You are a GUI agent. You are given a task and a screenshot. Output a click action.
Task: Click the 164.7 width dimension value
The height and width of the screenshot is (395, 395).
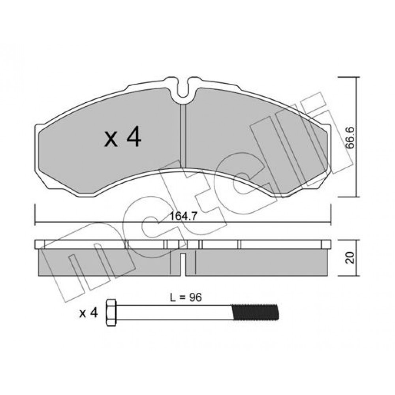[x=183, y=216]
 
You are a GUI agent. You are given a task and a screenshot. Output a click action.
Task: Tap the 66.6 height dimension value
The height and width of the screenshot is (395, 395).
[x=350, y=139]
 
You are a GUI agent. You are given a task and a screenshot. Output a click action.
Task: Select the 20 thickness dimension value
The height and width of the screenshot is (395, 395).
[x=350, y=258]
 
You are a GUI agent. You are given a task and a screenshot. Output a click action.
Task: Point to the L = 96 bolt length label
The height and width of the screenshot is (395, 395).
[x=186, y=297]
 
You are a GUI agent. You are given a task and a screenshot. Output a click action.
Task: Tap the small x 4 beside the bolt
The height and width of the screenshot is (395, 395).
[x=88, y=313]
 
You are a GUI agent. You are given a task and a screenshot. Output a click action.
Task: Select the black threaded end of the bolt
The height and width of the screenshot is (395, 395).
[x=255, y=312]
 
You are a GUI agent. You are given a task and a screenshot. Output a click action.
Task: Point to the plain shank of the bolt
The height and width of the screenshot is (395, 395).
[x=174, y=312]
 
